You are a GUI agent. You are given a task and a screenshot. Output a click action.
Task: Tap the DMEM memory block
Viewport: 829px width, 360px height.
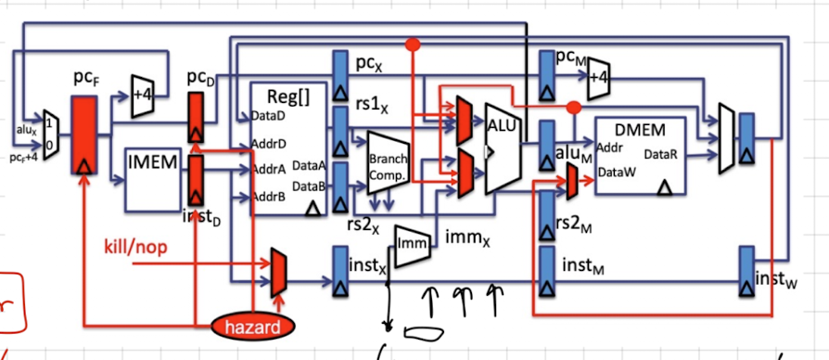click(640, 154)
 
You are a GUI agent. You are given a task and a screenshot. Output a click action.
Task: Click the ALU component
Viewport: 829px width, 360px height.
click(502, 149)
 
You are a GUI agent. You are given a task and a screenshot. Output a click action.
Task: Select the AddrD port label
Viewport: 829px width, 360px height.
click(269, 144)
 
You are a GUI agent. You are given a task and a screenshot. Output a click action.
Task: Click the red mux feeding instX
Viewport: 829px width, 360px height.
click(276, 273)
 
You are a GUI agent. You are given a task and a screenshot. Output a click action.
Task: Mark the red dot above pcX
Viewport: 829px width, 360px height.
click(414, 44)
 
